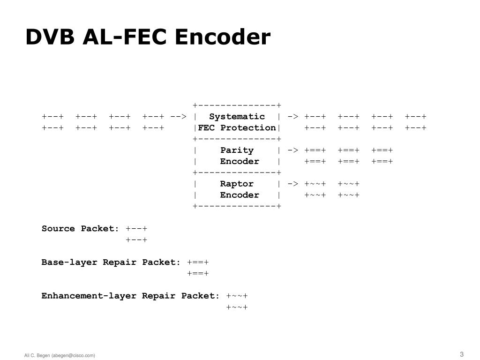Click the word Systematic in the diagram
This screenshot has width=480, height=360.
coord(237,117)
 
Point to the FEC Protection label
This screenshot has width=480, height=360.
coord(237,128)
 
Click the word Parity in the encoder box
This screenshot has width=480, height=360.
coord(237,150)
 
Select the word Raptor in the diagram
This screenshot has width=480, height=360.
coord(237,184)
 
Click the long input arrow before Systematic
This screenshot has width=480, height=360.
coord(179,117)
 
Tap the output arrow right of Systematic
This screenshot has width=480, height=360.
coord(293,117)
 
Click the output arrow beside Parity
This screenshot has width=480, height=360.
coord(293,150)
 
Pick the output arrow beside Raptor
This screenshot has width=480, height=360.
coord(293,184)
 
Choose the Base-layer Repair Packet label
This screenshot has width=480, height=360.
coord(111,262)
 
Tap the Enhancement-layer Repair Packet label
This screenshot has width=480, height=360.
coord(130,296)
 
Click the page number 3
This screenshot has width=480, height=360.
coord(462,354)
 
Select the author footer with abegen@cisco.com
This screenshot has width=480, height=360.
coord(60,355)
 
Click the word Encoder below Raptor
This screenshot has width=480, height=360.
coord(240,195)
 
